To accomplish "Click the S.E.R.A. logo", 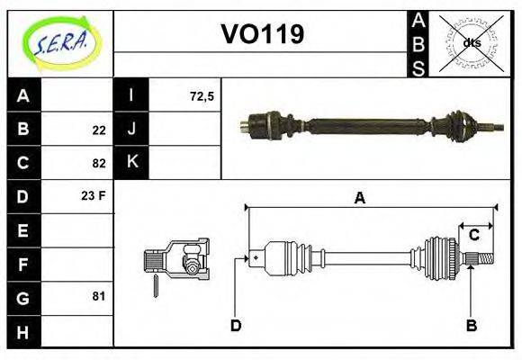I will pyautogui.click(x=59, y=41).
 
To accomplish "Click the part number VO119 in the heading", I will pyautogui.click(x=262, y=34).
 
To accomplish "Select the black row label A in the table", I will pyautogui.click(x=23, y=96).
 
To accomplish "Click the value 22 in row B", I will pyautogui.click(x=98, y=130).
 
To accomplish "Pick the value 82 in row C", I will pyautogui.click(x=98, y=164).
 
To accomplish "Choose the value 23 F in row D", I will pyautogui.click(x=94, y=194).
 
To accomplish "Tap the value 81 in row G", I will pyautogui.click(x=98, y=296).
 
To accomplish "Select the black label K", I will pyautogui.click(x=131, y=163).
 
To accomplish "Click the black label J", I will pyautogui.click(x=131, y=130).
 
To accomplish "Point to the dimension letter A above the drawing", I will pyautogui.click(x=359, y=199).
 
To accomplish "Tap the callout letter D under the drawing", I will pyautogui.click(x=236, y=324).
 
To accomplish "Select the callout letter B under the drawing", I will pyautogui.click(x=470, y=324).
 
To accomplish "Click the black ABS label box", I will pyautogui.click(x=418, y=42).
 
